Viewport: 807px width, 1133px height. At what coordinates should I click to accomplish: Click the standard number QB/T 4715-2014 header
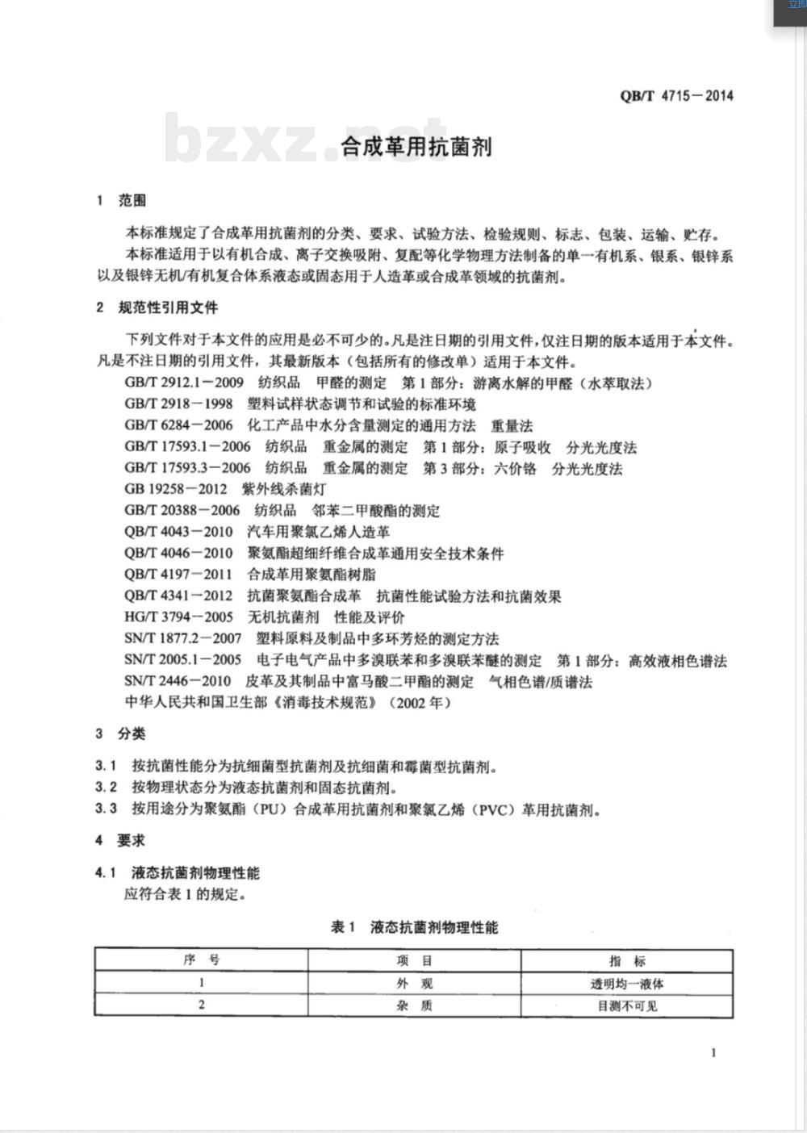[676, 95]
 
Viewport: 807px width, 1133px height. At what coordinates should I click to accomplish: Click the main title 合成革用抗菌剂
[416, 147]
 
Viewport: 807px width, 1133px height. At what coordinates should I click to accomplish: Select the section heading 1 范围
[122, 200]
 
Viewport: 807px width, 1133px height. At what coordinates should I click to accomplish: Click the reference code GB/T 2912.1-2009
[184, 383]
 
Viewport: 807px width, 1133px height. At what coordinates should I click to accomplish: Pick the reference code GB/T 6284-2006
[178, 425]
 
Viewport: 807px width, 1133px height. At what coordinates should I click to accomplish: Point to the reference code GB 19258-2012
[176, 489]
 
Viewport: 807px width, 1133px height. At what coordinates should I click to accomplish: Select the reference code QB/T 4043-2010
[178, 532]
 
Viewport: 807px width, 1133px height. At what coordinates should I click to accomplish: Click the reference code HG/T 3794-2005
[178, 617]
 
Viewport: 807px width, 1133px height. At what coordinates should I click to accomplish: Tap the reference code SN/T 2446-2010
[178, 681]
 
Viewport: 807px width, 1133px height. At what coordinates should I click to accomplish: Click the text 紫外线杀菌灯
[284, 489]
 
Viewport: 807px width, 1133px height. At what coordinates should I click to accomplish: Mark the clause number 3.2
[106, 787]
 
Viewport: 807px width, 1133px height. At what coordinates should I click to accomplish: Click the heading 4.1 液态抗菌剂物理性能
[178, 872]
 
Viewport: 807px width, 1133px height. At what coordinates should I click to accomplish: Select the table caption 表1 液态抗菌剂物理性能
[414, 927]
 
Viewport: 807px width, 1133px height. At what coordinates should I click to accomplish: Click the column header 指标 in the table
[627, 960]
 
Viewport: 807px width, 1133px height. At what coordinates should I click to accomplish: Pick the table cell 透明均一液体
[627, 984]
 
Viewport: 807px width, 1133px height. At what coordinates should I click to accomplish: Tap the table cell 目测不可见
[627, 1005]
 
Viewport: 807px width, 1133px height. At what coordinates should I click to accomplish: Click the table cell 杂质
[414, 1005]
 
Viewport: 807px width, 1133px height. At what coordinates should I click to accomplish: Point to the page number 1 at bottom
[713, 1052]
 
